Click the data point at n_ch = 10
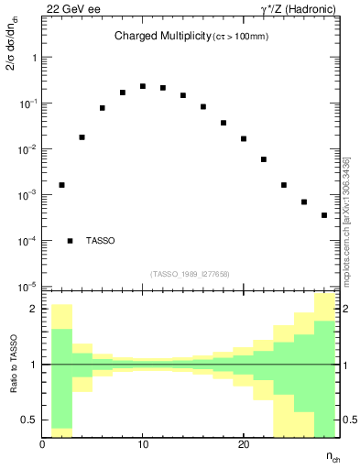point(143,86)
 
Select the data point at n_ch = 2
point(62,185)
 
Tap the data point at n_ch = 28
point(324,215)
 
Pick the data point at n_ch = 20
point(244,139)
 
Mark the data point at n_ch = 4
point(82,137)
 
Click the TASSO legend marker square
point(71,241)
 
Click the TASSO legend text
point(101,241)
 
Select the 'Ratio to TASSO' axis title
point(14,365)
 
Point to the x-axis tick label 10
point(143,444)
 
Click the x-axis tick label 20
point(244,444)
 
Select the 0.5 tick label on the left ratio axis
point(30,420)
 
